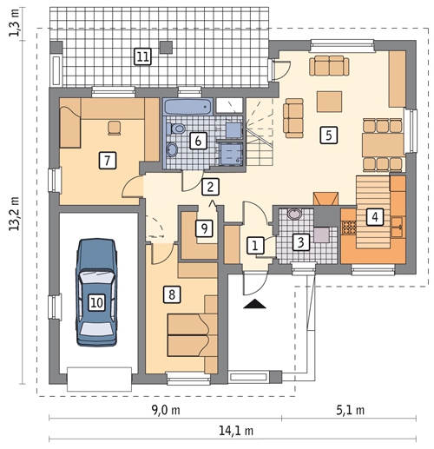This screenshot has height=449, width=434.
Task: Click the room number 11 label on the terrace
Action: [x=143, y=56]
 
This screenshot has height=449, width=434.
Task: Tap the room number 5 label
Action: [x=329, y=135]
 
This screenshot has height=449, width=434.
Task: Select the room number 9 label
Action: [x=204, y=228]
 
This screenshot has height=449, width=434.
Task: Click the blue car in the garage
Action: [x=96, y=293]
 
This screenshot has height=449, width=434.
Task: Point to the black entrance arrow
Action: [x=254, y=304]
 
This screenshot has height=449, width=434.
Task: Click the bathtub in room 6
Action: [x=188, y=107]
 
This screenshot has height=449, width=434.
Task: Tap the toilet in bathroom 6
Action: [x=176, y=129]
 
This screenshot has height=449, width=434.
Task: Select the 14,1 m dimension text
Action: [x=236, y=431]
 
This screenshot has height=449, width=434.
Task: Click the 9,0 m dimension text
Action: [x=166, y=410]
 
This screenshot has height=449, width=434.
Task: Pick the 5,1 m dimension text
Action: [x=350, y=410]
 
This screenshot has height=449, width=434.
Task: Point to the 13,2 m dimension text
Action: [x=15, y=214]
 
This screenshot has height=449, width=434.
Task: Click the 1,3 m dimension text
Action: [x=15, y=23]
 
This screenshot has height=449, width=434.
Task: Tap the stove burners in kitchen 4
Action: [x=349, y=228]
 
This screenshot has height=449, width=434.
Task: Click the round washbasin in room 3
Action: [x=294, y=214]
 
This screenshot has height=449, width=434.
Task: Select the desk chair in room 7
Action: [x=114, y=128]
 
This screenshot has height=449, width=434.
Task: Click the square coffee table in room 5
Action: [x=329, y=102]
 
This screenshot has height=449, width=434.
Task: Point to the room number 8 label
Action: [x=172, y=294]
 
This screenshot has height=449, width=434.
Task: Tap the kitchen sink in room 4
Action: [x=398, y=227]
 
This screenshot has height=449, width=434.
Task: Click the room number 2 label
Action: [x=210, y=187]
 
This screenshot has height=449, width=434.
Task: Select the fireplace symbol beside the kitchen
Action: [x=325, y=199]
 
